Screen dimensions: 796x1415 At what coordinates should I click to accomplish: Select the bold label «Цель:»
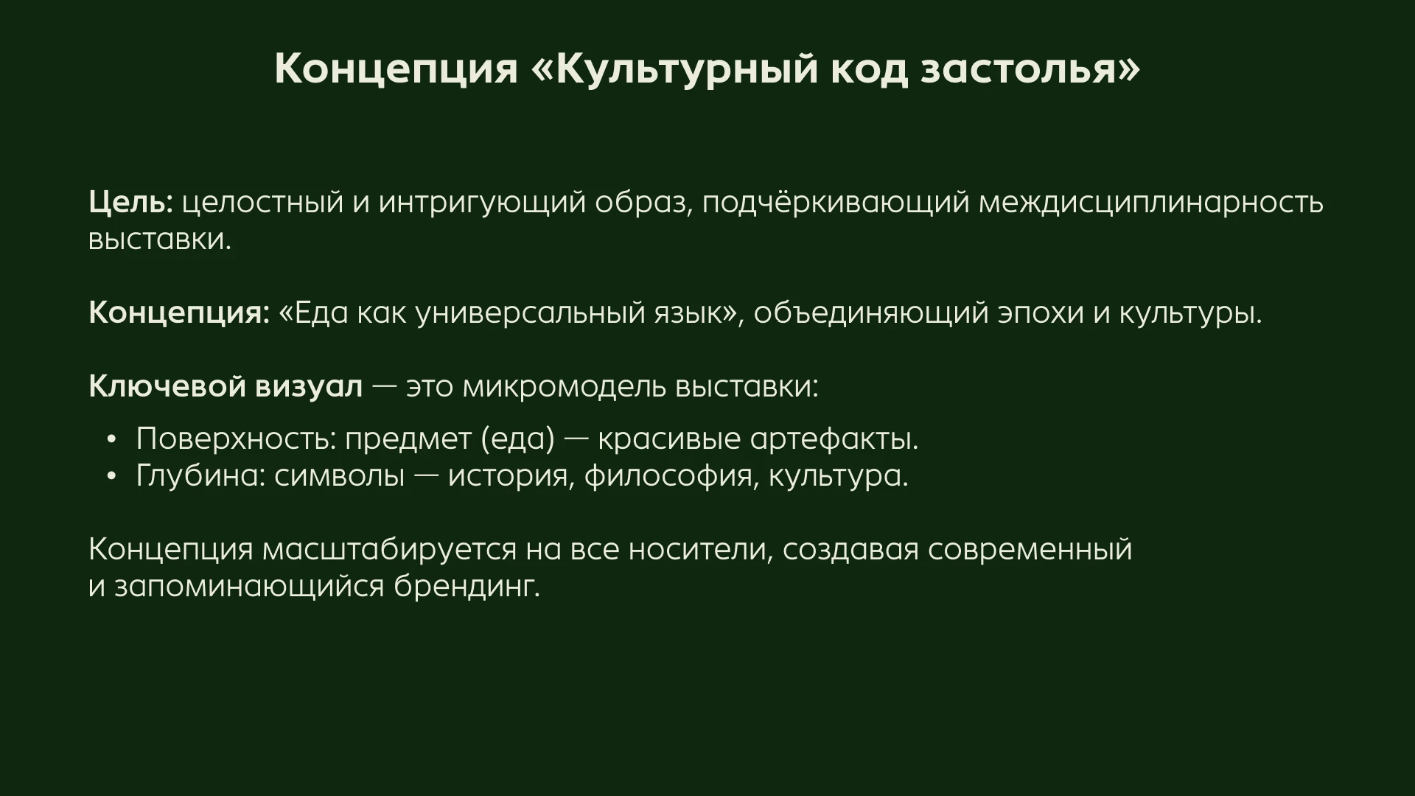pos(130,203)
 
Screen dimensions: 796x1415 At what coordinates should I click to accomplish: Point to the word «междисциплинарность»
pos(1150,203)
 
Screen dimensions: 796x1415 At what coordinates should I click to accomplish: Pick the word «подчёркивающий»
pos(835,203)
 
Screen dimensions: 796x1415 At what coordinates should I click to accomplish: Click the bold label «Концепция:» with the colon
pos(179,313)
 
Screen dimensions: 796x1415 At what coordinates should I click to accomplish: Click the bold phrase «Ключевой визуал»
pos(226,387)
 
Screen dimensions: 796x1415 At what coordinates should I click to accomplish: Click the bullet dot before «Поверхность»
pos(111,440)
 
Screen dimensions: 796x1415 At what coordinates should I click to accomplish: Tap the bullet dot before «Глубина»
pos(111,477)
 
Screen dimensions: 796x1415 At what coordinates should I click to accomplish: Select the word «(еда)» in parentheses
pos(517,439)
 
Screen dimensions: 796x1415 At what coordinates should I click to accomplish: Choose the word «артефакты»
pos(834,439)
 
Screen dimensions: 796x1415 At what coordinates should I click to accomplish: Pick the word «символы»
pos(339,476)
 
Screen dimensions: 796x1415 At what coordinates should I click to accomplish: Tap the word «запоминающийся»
pos(249,587)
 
